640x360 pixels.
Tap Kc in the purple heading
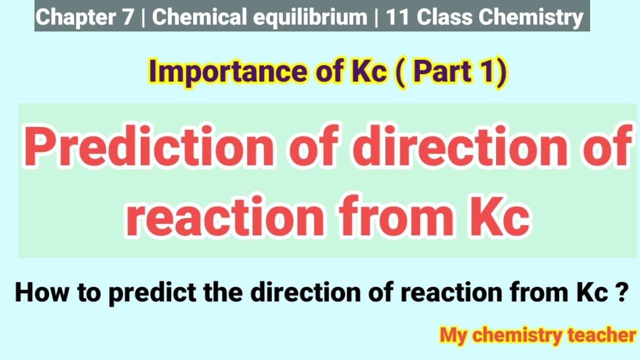click(x=366, y=72)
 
